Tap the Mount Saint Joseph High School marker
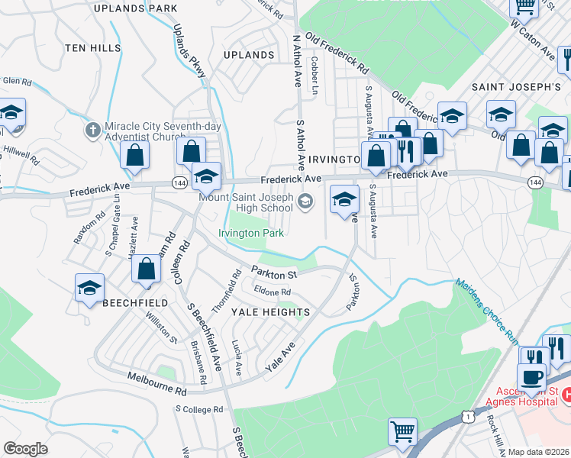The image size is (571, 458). coord(305,202)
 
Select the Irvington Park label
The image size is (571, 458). coord(251,233)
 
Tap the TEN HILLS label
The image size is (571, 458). coord(93,48)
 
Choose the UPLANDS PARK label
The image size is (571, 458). coord(134,8)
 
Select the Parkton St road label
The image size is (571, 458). coord(274,272)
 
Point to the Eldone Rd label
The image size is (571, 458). coord(273,292)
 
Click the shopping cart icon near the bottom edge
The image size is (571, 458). coord(402,432)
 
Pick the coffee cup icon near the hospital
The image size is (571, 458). coord(531,376)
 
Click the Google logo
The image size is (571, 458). coord(25,449)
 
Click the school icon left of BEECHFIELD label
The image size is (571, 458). coord(89,288)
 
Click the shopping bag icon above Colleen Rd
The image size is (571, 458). coord(146,268)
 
